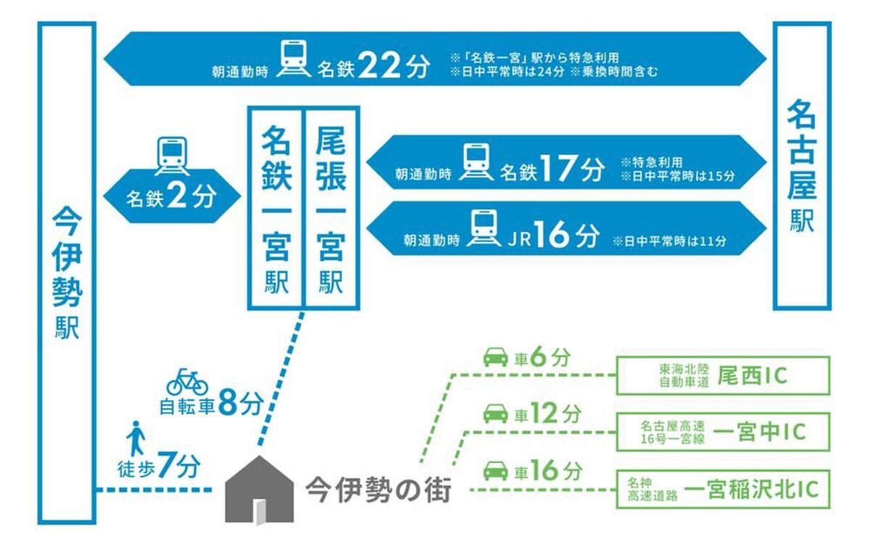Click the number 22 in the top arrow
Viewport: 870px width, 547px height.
(x=378, y=65)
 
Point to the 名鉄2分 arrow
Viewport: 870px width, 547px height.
(x=172, y=196)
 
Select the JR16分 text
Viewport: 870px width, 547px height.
(x=554, y=235)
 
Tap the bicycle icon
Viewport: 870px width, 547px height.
(x=187, y=382)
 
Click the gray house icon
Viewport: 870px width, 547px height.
(x=259, y=490)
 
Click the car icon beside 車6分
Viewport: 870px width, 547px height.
(x=496, y=356)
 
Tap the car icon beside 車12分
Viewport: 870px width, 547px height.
(x=496, y=414)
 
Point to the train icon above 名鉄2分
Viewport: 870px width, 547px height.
(x=172, y=156)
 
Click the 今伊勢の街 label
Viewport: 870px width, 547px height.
(x=378, y=490)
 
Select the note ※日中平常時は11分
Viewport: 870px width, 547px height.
(x=670, y=241)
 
